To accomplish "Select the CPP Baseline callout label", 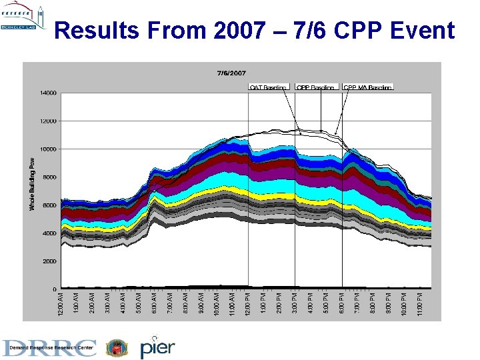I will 315,87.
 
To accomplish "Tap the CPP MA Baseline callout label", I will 367,87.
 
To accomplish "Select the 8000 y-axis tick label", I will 48,177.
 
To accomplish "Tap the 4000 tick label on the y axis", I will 48,233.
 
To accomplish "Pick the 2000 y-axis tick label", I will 48,261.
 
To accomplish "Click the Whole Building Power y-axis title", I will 31,184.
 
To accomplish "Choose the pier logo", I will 157,347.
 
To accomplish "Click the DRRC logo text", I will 51,347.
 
